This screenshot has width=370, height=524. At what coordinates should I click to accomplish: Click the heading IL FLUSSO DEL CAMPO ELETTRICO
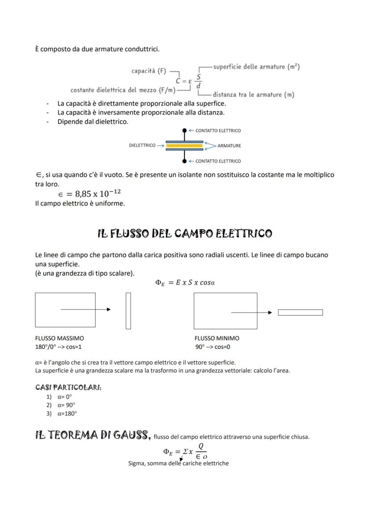pyautogui.click(x=185, y=234)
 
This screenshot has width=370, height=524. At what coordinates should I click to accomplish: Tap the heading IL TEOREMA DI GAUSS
pyautogui.click(x=92, y=435)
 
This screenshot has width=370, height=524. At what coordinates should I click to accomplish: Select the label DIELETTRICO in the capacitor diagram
pyautogui.click(x=142, y=145)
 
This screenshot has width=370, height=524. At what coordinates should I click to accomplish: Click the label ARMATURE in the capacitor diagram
pyautogui.click(x=229, y=146)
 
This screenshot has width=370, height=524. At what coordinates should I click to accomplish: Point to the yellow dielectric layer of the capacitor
pyautogui.click(x=185, y=145)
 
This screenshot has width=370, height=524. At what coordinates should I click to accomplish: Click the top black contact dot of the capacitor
pyautogui.click(x=185, y=131)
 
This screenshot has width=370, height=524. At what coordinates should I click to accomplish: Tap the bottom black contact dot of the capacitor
pyautogui.click(x=185, y=161)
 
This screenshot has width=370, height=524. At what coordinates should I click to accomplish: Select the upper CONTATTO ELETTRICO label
pyautogui.click(x=218, y=131)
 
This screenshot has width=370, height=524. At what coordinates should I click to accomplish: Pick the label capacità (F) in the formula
pyautogui.click(x=149, y=71)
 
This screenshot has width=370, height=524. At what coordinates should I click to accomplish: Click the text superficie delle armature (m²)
pyautogui.click(x=256, y=67)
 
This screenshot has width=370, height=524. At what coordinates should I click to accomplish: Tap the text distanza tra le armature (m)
pyautogui.click(x=253, y=94)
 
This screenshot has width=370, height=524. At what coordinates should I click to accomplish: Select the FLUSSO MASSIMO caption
pyautogui.click(x=59, y=338)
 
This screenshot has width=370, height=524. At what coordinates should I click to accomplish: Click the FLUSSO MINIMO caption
pyautogui.click(x=217, y=338)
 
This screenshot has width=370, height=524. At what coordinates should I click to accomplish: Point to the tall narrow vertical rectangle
pyautogui.click(x=128, y=311)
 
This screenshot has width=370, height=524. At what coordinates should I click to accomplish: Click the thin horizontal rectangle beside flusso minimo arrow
pyautogui.click(x=300, y=312)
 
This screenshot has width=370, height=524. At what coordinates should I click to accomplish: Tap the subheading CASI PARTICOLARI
pyautogui.click(x=68, y=387)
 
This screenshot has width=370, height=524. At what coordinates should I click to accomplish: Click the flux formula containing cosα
pyautogui.click(x=185, y=282)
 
